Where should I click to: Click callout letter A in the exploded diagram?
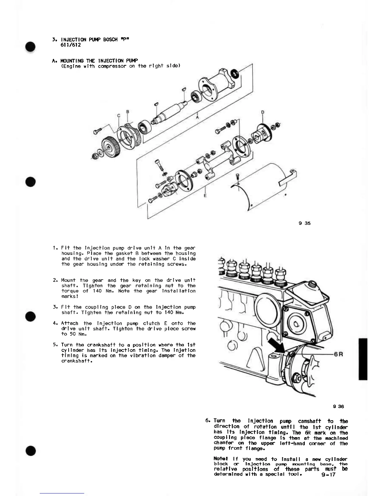coord(197,117)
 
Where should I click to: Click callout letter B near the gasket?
coord(128,111)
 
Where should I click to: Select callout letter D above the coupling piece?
coord(263,112)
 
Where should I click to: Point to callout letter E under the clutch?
coord(205,196)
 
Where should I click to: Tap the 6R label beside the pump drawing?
coord(339,354)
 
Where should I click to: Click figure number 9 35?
coord(304,223)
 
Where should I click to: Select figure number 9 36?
coord(338,406)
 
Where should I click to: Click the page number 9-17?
coord(328,474)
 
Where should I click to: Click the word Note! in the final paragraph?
coord(220,459)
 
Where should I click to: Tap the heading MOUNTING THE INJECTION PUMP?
coord(99,60)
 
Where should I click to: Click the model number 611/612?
coord(71,45)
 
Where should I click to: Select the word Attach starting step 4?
coord(69,323)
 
